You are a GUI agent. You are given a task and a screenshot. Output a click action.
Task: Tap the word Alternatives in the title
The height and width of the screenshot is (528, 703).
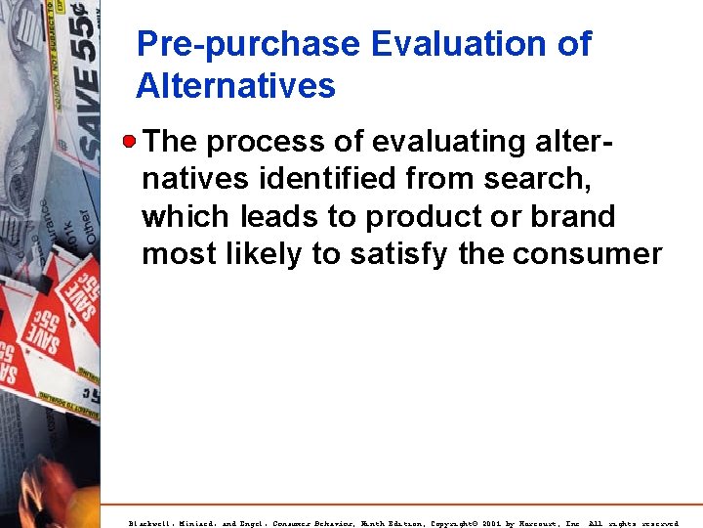tap(235, 86)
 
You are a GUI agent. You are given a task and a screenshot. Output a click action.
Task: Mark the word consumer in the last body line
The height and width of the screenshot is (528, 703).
tap(587, 255)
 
